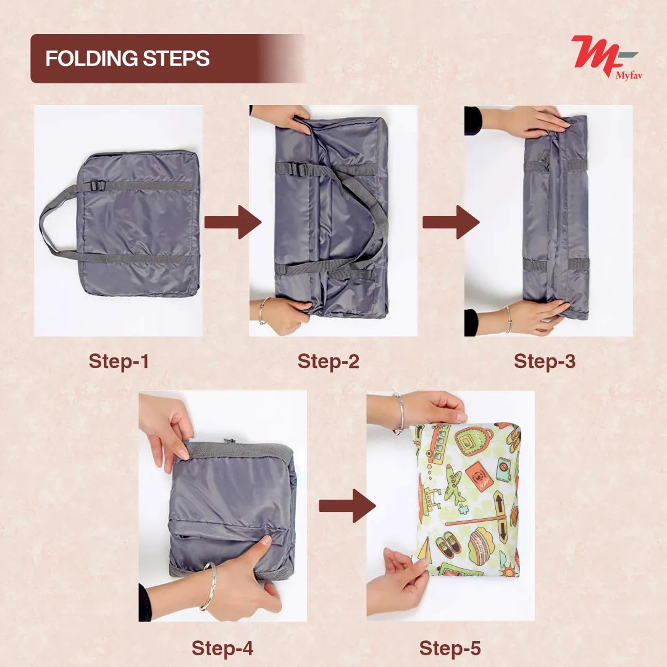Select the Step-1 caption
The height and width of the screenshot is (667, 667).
(119, 361)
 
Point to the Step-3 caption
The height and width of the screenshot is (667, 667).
(544, 361)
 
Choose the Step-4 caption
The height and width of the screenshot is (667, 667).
(222, 648)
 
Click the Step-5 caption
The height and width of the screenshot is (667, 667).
(450, 648)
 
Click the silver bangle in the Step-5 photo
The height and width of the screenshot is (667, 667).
(400, 413)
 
